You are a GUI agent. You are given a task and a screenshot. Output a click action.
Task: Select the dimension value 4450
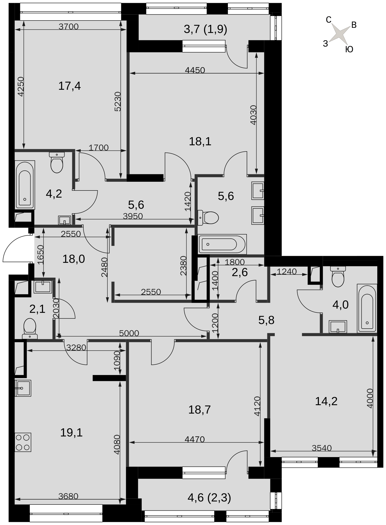coord(195,70)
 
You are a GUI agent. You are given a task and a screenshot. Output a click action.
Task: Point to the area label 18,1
coord(200,141)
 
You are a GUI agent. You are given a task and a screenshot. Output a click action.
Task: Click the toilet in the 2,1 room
coord(30,329)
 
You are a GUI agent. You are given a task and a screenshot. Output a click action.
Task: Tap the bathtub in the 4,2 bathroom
coord(25,185)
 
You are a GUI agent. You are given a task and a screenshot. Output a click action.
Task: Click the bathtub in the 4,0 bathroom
coord(367,308)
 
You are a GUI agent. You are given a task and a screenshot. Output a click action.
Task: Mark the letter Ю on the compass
coord(349,49)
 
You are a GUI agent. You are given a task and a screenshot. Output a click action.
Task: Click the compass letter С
coord(329,20)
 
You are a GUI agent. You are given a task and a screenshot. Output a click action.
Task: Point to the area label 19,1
coord(71,433)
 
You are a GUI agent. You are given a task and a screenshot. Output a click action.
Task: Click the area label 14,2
coord(326,401)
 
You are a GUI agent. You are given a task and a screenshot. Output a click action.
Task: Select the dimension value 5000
coord(129,333)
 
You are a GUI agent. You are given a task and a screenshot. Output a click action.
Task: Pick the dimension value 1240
coord(287,271)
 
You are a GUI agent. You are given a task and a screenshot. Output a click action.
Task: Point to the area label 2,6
coord(240,272)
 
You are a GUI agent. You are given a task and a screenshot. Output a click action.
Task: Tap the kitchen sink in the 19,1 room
coord(23,388)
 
